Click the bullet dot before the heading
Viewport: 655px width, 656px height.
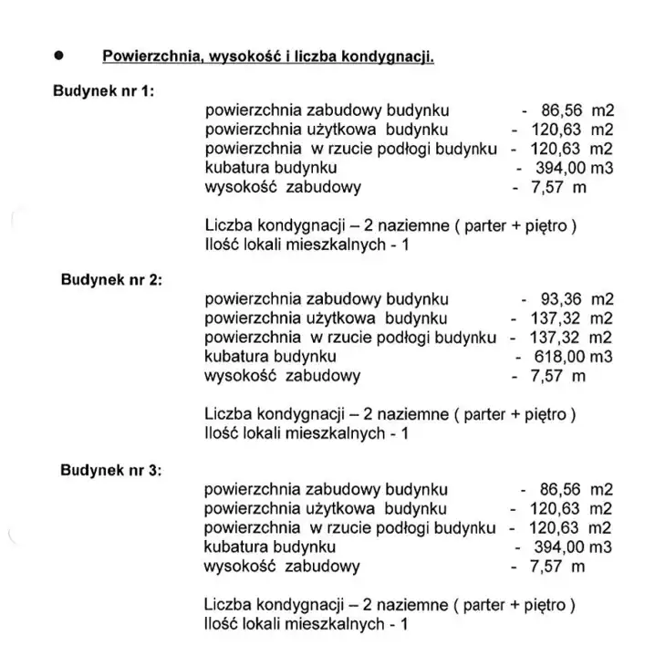(59, 55)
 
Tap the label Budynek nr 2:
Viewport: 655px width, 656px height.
(110, 279)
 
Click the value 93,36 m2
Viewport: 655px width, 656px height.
(567, 299)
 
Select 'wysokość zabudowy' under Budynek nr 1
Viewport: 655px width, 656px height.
(283, 187)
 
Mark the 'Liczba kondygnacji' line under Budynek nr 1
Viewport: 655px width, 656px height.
(390, 225)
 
